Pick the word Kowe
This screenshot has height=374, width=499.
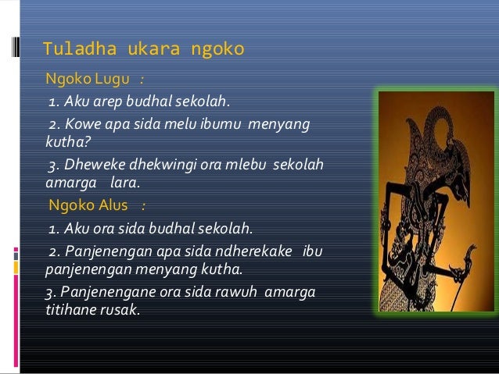tap(84, 124)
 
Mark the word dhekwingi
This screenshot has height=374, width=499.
tap(154, 168)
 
